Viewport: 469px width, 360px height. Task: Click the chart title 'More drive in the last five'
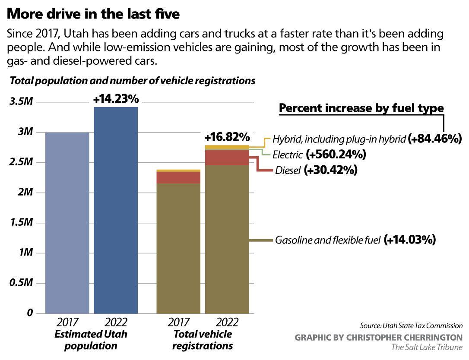click(93, 14)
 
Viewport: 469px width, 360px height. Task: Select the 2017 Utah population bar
click(67, 222)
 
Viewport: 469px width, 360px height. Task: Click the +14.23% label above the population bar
click(116, 99)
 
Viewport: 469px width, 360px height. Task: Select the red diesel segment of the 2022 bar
click(227, 158)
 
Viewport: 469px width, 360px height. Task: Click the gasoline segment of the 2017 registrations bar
click(178, 248)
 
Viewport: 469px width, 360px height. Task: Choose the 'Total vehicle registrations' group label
click(202, 340)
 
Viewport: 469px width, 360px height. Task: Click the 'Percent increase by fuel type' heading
click(361, 108)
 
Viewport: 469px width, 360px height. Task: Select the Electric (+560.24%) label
click(319, 154)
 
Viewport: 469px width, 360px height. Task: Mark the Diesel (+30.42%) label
click(316, 170)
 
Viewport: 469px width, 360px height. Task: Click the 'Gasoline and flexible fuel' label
click(328, 240)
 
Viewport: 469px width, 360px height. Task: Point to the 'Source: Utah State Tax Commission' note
click(411, 326)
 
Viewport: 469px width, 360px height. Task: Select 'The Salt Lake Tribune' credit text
click(427, 347)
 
